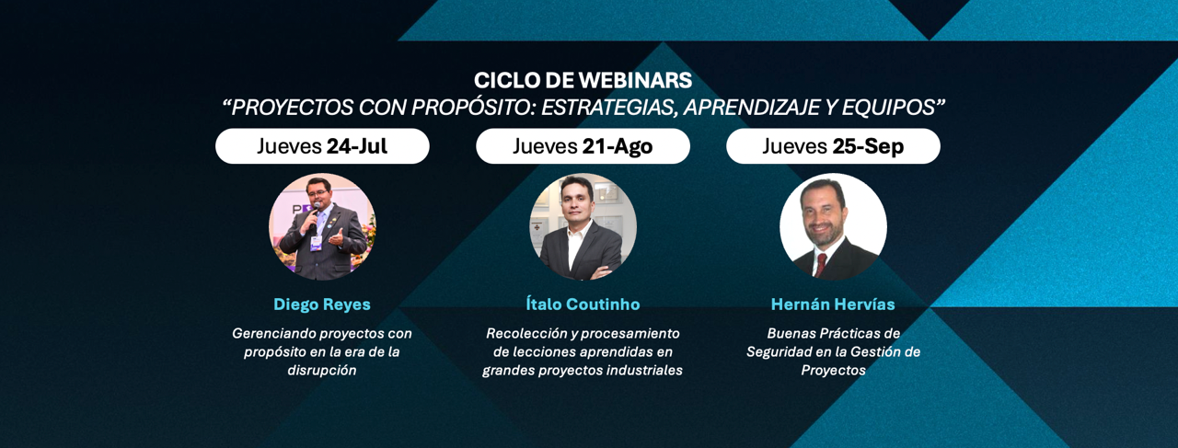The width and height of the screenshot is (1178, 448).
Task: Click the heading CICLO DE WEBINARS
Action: click(x=583, y=80)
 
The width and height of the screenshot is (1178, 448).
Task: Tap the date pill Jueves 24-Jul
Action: click(x=322, y=146)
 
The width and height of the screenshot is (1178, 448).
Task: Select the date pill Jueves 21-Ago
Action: click(x=583, y=146)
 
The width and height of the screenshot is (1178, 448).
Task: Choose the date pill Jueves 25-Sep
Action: click(x=833, y=146)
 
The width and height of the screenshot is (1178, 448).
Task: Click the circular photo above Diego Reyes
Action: click(x=322, y=226)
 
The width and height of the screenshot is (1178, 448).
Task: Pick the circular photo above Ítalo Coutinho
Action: click(x=583, y=226)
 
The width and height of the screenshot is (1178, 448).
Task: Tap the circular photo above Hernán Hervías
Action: click(x=833, y=226)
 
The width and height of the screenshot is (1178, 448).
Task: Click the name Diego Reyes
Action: click(x=322, y=304)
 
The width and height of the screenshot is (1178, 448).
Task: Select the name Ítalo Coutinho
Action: click(x=583, y=304)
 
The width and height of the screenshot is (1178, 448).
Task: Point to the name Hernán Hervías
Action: click(x=833, y=304)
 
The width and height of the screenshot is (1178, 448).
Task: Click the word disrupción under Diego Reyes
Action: click(x=322, y=371)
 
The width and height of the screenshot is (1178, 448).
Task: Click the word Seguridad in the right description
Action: click(x=776, y=352)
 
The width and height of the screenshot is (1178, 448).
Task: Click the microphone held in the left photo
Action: click(x=315, y=218)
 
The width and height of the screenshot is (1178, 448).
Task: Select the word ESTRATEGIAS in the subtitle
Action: click(x=608, y=108)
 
